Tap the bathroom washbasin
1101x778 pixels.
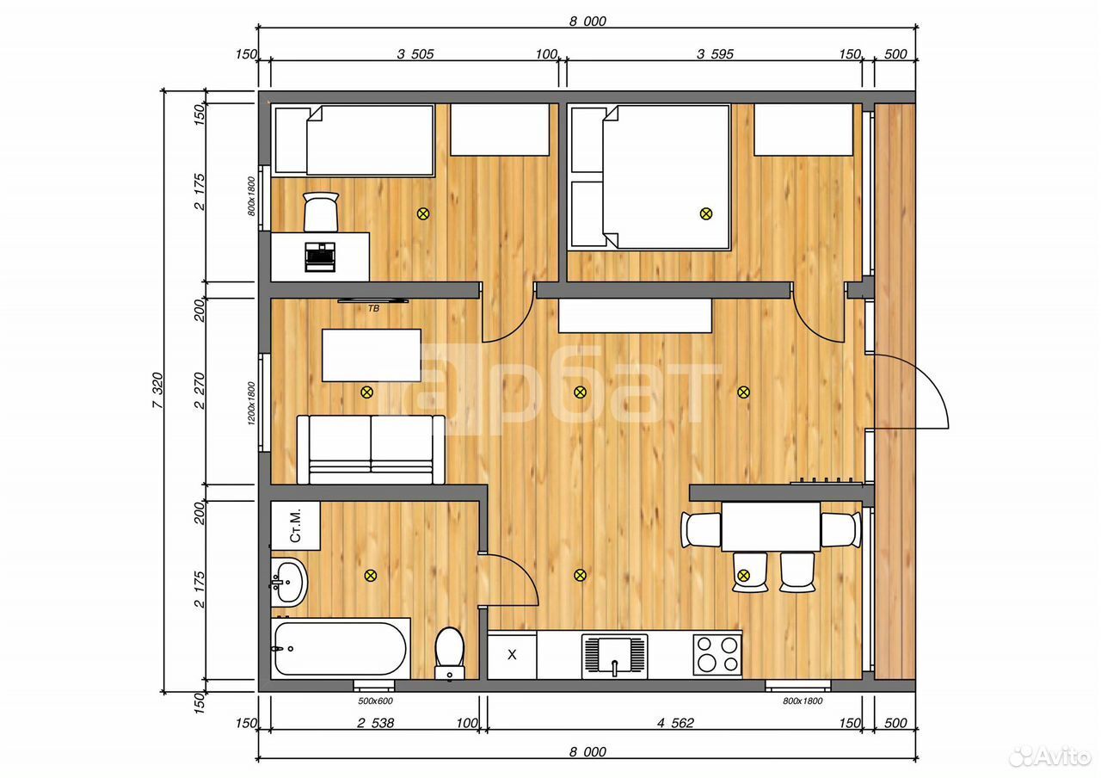[x=289, y=583]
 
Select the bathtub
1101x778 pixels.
[x=340, y=649]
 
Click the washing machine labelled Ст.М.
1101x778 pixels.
[x=295, y=526]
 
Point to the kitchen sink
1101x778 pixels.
[x=614, y=656]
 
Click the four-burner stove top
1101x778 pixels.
[x=717, y=656]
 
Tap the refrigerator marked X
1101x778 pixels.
[x=512, y=656]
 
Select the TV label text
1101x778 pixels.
[x=373, y=308]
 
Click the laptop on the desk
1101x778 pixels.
[x=320, y=256]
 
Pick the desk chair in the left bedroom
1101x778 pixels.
[x=321, y=212]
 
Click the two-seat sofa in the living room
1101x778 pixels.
[x=371, y=449]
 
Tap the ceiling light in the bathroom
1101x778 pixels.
[x=371, y=576]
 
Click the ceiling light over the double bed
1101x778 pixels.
[x=706, y=213]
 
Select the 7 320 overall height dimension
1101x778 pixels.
[x=157, y=391]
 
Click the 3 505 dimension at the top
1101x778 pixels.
[x=415, y=53]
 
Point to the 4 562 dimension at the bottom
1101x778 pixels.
[x=675, y=722]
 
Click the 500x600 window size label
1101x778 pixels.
[x=375, y=701]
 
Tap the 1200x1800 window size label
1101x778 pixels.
[x=251, y=404]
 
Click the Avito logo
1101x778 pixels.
[x=1049, y=756]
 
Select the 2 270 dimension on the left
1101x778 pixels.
[x=199, y=391]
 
